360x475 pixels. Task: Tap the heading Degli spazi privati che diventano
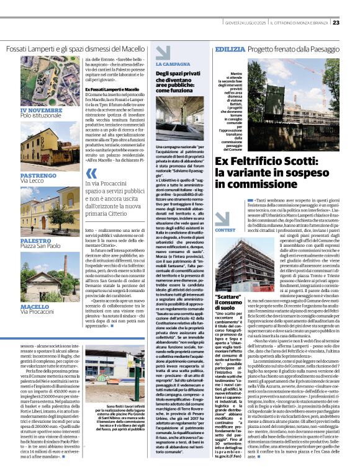(180, 76)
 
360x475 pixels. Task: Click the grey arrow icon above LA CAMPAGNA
(163, 52)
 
